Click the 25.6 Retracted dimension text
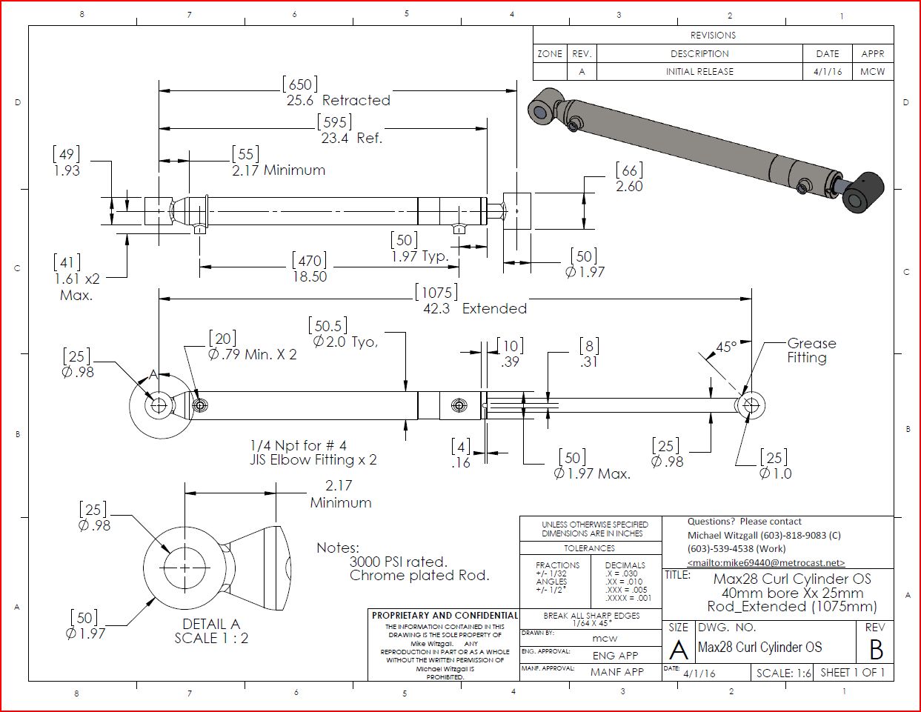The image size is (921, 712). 338,100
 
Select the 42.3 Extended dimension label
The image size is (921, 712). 474,308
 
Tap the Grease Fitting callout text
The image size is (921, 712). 811,350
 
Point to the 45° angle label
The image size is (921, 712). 726,347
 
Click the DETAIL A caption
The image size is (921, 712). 211,624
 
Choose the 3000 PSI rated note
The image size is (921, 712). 399,562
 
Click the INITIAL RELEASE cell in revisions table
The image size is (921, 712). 699,72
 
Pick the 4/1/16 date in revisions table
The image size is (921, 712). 827,72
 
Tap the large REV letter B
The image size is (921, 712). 876,650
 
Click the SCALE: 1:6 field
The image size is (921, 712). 783,673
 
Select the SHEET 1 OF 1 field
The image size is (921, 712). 852,673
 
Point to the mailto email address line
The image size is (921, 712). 765,563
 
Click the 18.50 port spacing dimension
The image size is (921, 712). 309,276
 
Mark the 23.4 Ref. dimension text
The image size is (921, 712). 351,138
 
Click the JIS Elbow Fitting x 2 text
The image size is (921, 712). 313,460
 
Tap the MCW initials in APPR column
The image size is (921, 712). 872,72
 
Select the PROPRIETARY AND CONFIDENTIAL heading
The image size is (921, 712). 445,616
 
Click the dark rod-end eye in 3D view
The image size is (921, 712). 863,194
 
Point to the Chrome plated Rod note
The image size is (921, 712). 419,576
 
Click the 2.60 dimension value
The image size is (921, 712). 629,187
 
